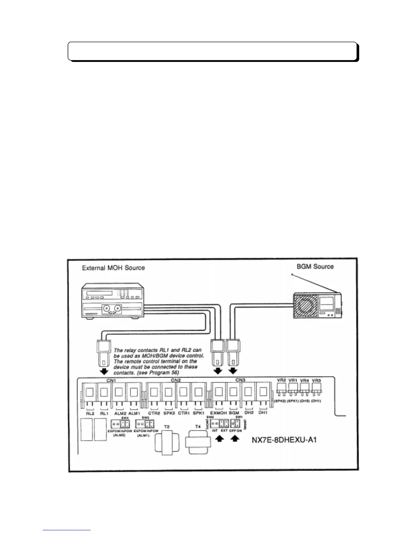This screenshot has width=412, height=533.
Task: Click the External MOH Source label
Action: click(x=113, y=268)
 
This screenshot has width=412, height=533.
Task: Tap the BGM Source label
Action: click(x=315, y=266)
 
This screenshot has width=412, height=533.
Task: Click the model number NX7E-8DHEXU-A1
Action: click(x=284, y=440)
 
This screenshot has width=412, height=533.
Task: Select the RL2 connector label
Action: click(x=90, y=413)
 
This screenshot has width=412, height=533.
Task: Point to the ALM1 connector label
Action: click(x=134, y=413)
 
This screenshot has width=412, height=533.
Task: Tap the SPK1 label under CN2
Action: click(x=198, y=413)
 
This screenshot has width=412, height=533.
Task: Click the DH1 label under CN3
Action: click(x=263, y=413)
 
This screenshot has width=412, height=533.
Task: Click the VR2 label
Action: click(x=282, y=380)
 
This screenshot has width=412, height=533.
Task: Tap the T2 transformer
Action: click(x=167, y=442)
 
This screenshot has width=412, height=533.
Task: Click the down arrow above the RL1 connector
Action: click(x=104, y=371)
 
